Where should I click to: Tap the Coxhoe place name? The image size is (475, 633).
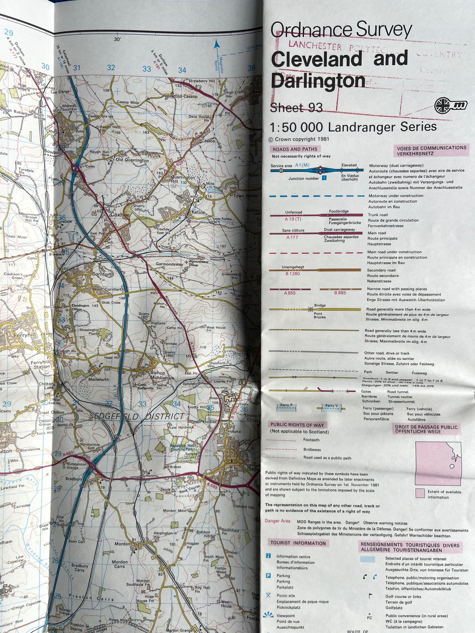120,215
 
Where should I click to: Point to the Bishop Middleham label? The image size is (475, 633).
158,375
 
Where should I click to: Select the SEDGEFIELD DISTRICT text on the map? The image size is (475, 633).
137,416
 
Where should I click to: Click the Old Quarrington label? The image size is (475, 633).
132,160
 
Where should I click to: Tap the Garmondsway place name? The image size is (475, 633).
169,264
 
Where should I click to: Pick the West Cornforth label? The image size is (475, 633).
109,289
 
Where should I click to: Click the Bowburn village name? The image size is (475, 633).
53,152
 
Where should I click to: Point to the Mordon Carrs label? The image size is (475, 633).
120,564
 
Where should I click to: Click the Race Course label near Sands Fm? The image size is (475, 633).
190,489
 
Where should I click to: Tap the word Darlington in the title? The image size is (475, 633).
318,81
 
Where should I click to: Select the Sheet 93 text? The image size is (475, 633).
296,107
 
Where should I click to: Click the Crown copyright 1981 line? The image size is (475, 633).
299,139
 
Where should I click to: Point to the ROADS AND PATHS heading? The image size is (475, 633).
295,149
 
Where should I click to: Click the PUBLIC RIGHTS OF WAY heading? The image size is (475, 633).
297,425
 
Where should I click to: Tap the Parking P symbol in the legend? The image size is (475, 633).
269,575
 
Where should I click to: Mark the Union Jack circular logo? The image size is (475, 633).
442,106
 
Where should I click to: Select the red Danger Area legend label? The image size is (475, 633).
277,521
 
